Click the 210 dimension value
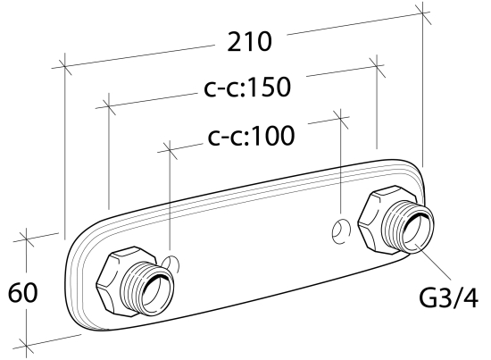249,42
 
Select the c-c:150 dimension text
247,87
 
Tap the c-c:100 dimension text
251,136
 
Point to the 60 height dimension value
22,293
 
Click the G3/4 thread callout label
448,298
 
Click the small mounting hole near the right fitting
341,231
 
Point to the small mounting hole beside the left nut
171,264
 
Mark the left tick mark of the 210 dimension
65,66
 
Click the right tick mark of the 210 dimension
423,13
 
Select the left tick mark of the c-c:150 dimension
108,106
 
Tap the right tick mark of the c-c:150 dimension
377,66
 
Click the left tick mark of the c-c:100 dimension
170,151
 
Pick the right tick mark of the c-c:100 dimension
341,119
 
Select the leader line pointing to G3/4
433,261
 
